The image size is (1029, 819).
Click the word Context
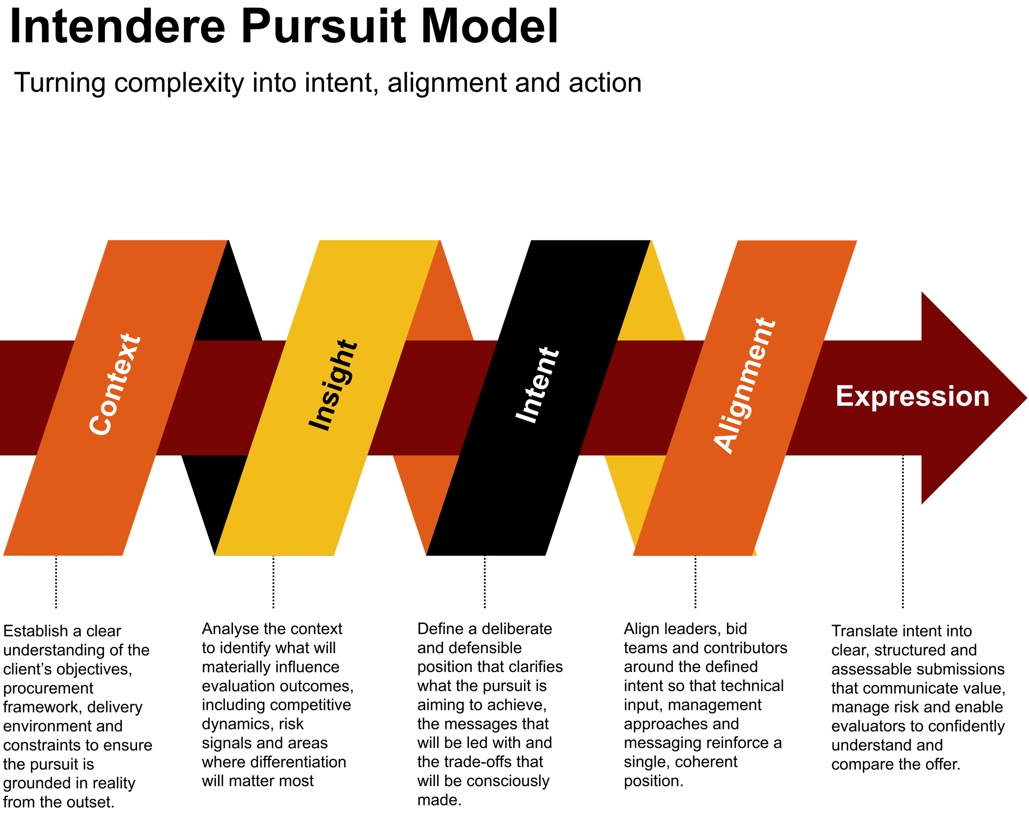pos(115,385)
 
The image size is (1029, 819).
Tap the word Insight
pos(333,385)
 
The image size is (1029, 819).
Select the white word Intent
pos(537,385)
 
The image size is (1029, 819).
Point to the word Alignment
pos(744,385)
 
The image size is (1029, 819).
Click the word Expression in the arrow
pos(912,397)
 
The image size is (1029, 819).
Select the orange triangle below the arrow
pos(425,492)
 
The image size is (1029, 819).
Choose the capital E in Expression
pos(844,397)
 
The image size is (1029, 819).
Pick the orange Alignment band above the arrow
pos(787,287)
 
